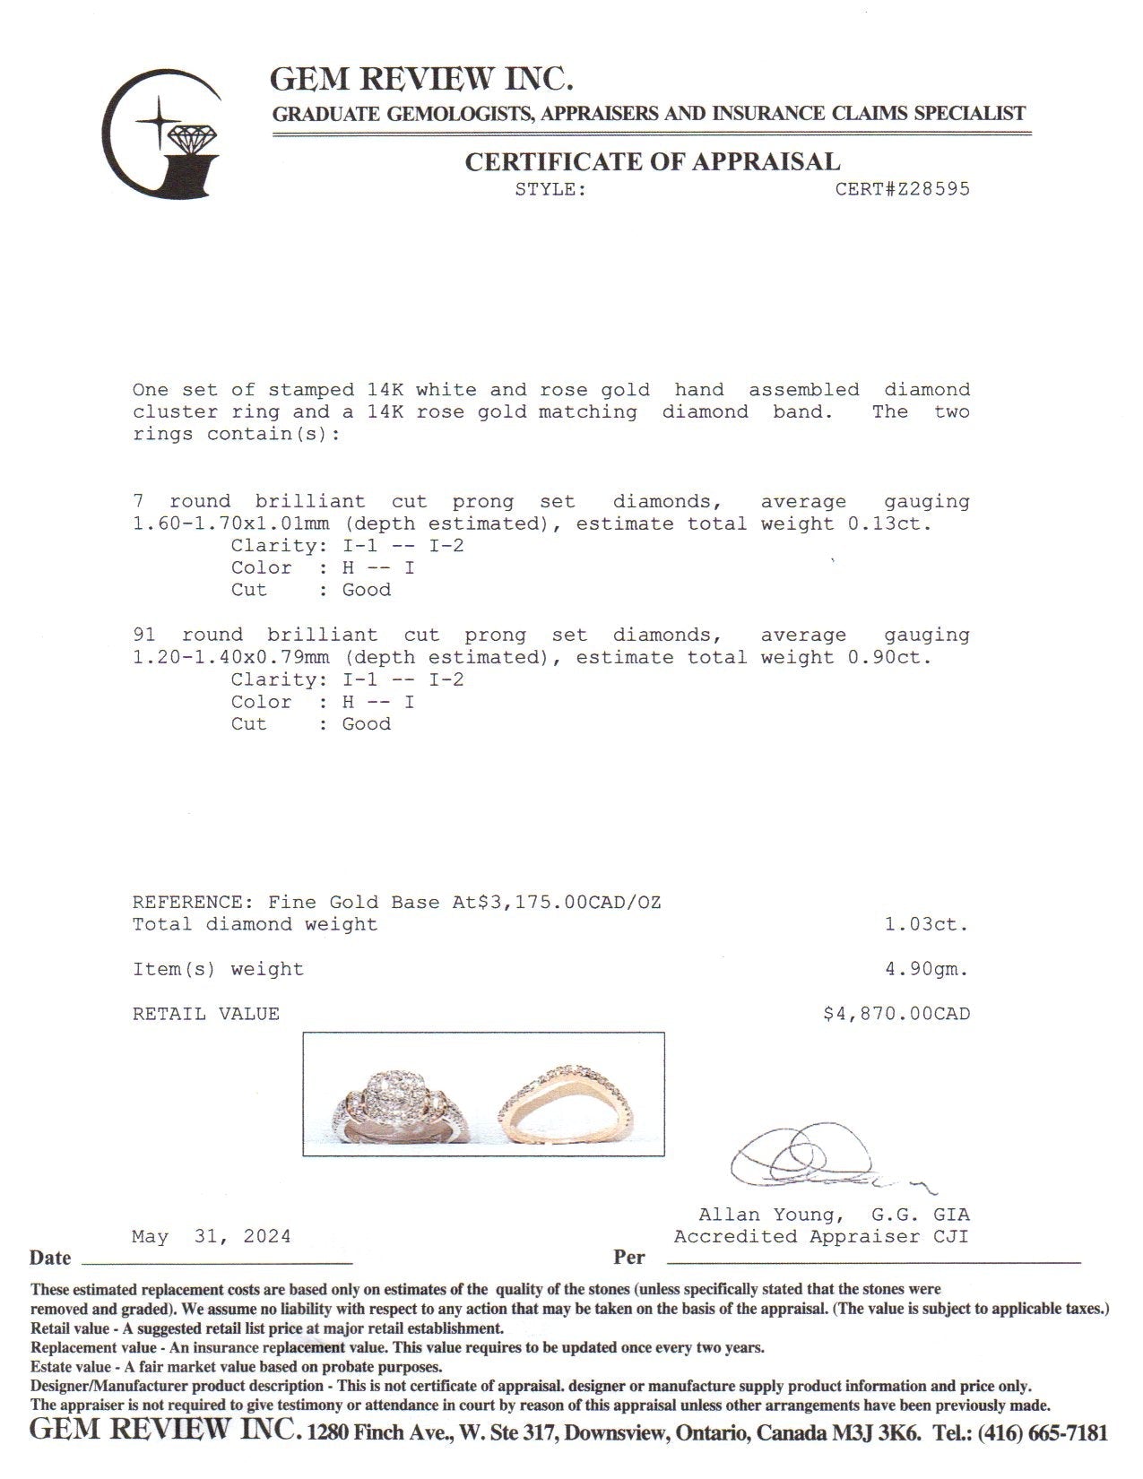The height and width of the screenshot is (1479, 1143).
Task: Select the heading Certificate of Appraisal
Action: (652, 162)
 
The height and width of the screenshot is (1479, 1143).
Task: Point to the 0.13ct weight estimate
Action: (889, 524)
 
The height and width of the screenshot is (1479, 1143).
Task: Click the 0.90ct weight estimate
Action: (889, 658)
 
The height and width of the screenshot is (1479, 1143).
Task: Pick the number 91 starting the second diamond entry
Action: (143, 636)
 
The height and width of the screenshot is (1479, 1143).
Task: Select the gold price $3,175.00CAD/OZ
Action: (556, 903)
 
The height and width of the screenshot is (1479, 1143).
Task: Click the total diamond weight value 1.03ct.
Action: (927, 925)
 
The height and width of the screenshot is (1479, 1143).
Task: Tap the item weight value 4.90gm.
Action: (927, 970)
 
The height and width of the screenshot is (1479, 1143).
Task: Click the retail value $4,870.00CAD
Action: (896, 1015)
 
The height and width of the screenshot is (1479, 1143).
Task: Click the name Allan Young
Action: (770, 1215)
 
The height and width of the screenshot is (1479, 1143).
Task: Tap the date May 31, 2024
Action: (212, 1237)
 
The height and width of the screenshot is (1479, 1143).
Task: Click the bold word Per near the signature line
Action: (629, 1258)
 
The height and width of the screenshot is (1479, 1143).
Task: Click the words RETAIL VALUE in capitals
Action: (206, 1015)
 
